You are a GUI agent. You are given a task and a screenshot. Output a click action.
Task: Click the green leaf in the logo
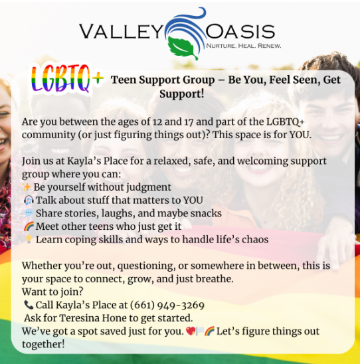[x=183, y=48]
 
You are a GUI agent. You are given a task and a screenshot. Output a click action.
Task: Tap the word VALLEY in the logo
[x=121, y=32]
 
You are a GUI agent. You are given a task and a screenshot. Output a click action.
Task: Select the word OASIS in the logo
[x=240, y=31]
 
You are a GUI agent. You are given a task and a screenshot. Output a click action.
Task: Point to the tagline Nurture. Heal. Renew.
[x=244, y=45]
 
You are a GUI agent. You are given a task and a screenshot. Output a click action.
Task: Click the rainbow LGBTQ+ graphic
[x=67, y=78]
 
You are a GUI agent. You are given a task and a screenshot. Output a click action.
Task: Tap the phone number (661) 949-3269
[x=167, y=305]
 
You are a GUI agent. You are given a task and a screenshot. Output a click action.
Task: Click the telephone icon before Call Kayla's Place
[x=29, y=305]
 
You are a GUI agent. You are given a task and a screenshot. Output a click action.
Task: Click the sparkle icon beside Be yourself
[x=27, y=187]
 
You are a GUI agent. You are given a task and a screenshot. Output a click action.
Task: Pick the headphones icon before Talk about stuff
[x=29, y=200]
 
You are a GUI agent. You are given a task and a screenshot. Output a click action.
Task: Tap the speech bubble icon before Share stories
[x=29, y=213]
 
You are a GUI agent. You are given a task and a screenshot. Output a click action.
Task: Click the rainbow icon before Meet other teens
[x=29, y=226]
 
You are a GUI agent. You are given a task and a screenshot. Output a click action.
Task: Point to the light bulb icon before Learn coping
[x=29, y=239]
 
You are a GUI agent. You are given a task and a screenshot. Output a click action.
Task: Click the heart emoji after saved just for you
[x=191, y=331]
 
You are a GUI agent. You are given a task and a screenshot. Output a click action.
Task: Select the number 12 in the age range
[x=157, y=122]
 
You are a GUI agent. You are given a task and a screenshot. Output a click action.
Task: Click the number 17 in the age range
[x=189, y=122]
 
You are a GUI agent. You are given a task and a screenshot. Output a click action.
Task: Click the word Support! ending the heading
[x=182, y=94]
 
